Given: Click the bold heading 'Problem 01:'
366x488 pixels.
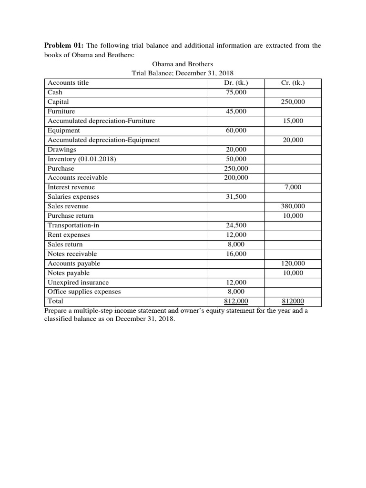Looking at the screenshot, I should click(x=64, y=46).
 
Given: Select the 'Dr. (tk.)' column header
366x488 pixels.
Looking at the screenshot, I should click(x=236, y=83).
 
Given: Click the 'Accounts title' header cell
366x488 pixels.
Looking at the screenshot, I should click(x=68, y=83).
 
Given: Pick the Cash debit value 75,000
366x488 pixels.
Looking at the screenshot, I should click(x=236, y=92).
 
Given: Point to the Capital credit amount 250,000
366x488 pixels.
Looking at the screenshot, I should click(x=293, y=102).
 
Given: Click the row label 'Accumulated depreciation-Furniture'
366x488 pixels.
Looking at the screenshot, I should click(x=101, y=121).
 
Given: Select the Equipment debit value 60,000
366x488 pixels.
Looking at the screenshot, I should click(x=236, y=131).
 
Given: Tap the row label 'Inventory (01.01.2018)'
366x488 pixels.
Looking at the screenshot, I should click(x=82, y=159).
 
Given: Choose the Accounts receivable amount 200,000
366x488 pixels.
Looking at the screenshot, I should click(x=236, y=178).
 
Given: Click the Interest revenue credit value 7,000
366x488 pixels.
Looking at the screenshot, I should click(x=293, y=187).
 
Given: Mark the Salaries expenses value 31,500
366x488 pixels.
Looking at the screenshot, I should click(x=236, y=197).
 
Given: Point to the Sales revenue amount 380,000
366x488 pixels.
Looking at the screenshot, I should click(x=293, y=206).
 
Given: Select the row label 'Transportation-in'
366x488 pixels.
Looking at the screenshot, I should click(x=73, y=225).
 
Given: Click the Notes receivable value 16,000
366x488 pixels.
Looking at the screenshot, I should click(x=236, y=254).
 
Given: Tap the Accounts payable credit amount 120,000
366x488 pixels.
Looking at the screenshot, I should click(x=293, y=264).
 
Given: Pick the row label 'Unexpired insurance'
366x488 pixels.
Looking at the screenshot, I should click(x=78, y=283).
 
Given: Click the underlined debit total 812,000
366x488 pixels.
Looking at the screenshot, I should click(x=236, y=302).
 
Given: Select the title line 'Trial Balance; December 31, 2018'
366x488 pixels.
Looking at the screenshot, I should click(x=183, y=73).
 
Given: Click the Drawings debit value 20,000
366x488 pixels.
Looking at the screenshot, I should click(x=236, y=150).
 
